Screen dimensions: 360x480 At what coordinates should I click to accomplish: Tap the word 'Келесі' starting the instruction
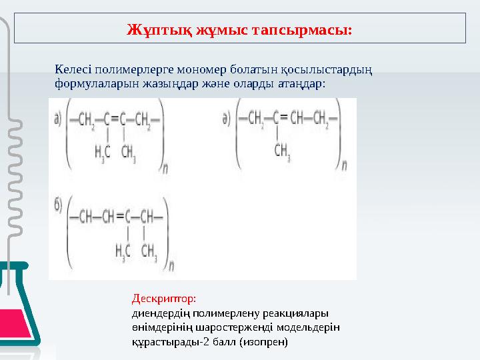(73, 69)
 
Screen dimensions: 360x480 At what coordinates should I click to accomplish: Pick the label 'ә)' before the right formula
(227, 119)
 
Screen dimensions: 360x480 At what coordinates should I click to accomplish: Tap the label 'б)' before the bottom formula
(59, 206)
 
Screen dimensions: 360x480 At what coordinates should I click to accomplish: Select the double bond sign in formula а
(114, 121)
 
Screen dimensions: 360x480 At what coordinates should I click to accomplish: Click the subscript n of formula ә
(344, 163)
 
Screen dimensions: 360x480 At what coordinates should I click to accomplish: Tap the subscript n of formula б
(171, 265)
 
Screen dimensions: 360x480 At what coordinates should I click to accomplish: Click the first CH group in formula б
(88, 216)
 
